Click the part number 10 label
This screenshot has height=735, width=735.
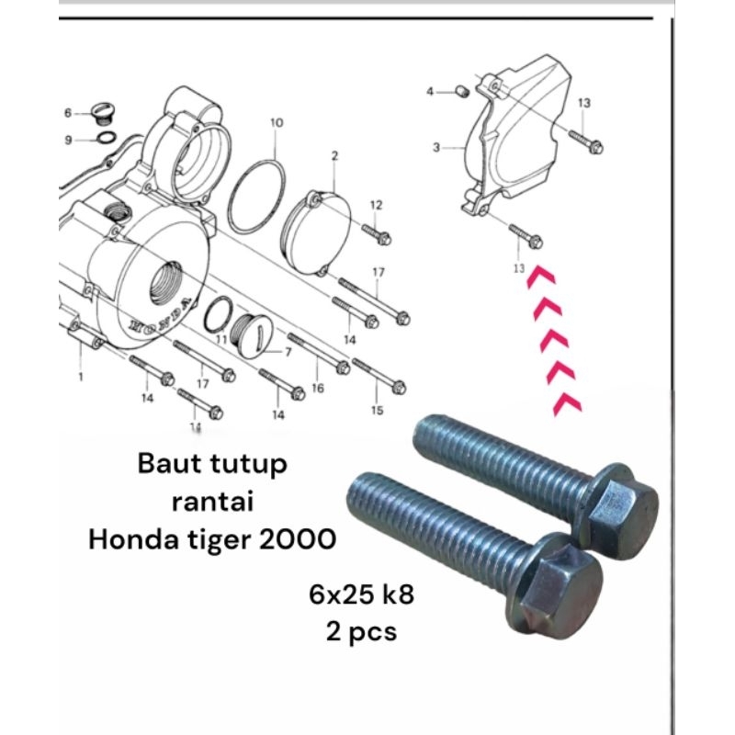(x=277, y=122)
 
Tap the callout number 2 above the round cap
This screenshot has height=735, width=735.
(x=335, y=156)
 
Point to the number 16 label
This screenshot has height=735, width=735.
(x=318, y=389)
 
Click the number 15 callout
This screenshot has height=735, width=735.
(x=376, y=410)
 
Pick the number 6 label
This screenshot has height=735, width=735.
(x=67, y=113)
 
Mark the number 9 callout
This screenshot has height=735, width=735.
(x=67, y=140)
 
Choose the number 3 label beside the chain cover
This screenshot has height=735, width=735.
(x=436, y=147)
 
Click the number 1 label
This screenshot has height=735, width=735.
(x=82, y=377)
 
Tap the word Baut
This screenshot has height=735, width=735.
(x=165, y=464)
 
